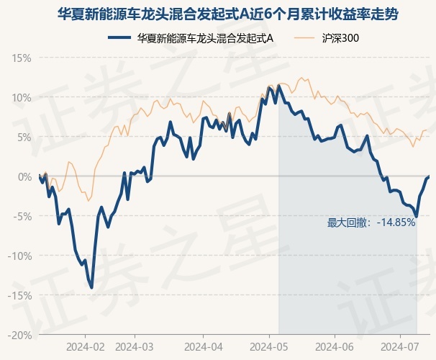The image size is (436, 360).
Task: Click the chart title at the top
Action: (x=228, y=14)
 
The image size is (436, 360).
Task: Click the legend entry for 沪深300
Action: (x=327, y=38)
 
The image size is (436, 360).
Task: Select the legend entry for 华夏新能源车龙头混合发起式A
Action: (x=191, y=38)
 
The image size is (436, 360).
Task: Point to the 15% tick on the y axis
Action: (x=22, y=58)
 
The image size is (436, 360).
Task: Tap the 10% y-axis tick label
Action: (x=22, y=98)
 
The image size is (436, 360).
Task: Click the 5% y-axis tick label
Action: (x=24, y=137)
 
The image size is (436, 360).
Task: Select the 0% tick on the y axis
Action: (x=24, y=176)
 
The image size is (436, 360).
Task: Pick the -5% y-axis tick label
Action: (x=22, y=216)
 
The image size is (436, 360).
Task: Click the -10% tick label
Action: (x=19, y=256)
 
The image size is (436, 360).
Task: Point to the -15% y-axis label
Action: (x=19, y=295)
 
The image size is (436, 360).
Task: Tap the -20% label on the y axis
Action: (x=19, y=336)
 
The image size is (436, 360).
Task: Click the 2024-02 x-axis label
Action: (x=86, y=347)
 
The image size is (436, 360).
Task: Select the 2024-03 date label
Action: (x=135, y=347)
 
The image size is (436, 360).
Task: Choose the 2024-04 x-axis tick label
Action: (x=204, y=347)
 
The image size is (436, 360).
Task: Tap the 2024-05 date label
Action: (x=269, y=347)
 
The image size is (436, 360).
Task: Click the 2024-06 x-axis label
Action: (x=335, y=347)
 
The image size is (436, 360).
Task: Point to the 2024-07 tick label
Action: (x=400, y=347)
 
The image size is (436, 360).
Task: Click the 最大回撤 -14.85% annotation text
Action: (x=371, y=222)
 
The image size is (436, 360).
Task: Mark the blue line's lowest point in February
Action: (x=91, y=288)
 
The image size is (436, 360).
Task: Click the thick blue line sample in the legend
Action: (x=119, y=38)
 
